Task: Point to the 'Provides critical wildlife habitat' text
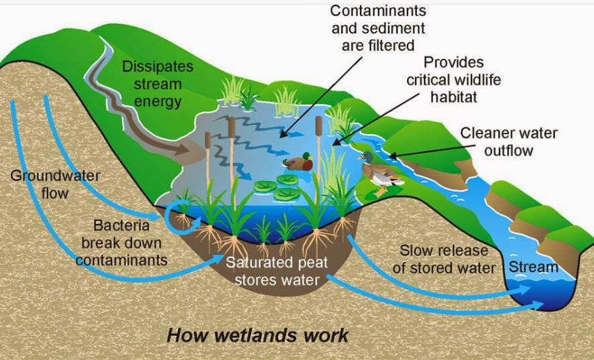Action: [454, 80]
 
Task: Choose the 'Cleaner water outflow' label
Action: [509, 141]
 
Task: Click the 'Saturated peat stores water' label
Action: [277, 271]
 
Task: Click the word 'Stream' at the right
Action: [533, 267]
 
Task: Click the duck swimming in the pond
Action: [296, 163]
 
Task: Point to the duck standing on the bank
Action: [377, 169]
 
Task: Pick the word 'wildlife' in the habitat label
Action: [471, 80]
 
